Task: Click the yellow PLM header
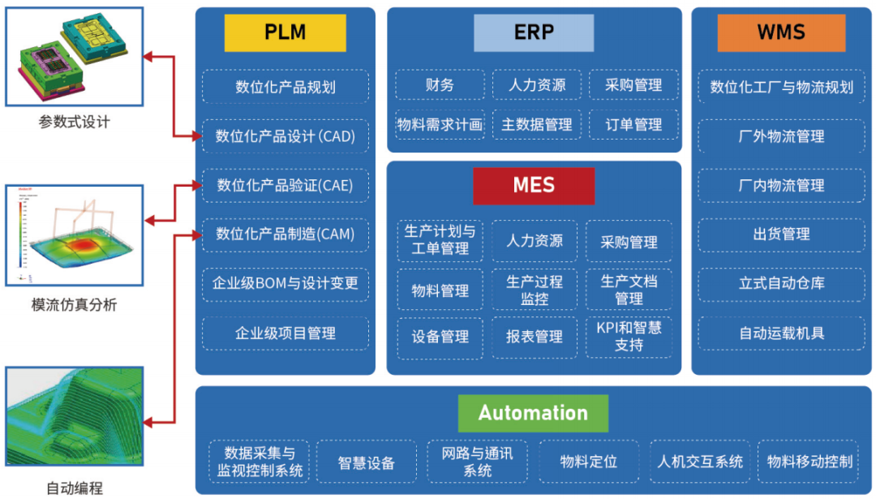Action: click(285, 33)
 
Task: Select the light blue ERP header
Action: click(534, 33)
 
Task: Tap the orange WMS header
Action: click(781, 33)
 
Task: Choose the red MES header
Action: click(534, 186)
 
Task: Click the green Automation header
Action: click(533, 413)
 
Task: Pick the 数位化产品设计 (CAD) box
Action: click(285, 136)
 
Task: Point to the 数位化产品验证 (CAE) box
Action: click(285, 186)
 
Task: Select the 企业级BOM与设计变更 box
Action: click(285, 285)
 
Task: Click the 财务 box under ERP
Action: click(440, 85)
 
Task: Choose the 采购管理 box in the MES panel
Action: click(629, 242)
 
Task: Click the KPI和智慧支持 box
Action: click(629, 336)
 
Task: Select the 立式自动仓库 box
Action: click(781, 284)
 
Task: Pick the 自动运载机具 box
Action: click(781, 333)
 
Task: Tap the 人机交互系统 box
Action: click(700, 462)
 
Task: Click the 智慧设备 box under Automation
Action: click(366, 462)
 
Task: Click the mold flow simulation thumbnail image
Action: click(75, 235)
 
